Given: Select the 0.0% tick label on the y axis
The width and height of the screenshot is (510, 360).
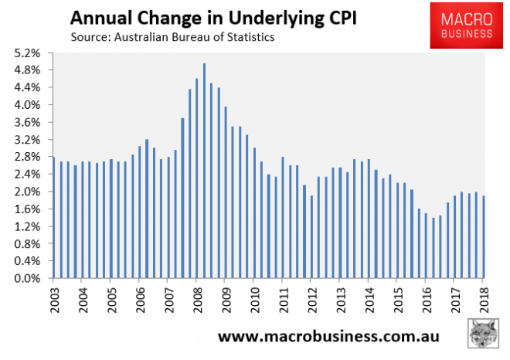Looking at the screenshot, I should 28,279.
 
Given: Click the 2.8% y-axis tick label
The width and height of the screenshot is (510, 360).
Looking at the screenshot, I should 28,157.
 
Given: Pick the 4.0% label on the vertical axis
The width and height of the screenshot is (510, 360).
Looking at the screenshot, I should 28,105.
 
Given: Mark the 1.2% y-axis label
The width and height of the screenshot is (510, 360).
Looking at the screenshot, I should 28,226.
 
